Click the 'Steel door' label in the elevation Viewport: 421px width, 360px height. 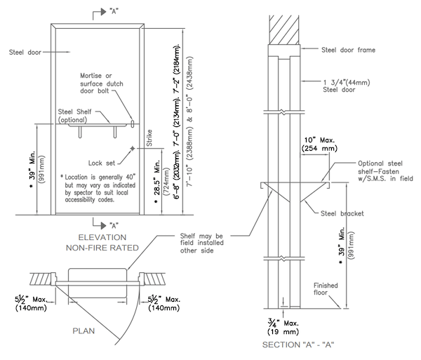click(25, 51)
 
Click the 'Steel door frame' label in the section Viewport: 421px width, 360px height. click(347, 50)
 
